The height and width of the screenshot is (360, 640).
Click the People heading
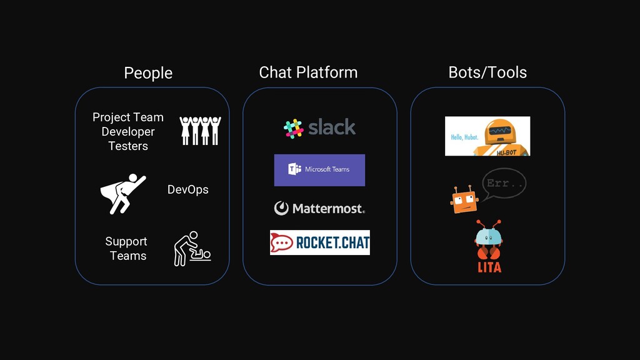pos(148,72)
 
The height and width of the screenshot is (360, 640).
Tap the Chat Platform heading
pos(308,72)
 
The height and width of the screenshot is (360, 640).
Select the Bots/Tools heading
pos(487,72)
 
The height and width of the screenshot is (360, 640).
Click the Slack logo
pos(319,127)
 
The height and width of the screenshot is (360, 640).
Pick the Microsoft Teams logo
pos(319,170)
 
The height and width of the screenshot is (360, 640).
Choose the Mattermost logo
pos(319,208)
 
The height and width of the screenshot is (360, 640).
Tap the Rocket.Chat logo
pos(319,242)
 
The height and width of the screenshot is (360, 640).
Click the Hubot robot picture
pos(487,136)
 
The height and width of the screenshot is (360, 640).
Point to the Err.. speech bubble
pos(504,184)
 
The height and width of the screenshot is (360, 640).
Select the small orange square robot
pos(464,200)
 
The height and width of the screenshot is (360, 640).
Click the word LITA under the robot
pos(489,267)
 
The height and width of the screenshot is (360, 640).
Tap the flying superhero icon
pos(122,193)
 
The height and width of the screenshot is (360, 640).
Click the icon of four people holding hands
pos(200,130)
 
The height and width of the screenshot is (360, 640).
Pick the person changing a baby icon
pos(192,249)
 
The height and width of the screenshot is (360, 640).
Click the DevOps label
pos(187,189)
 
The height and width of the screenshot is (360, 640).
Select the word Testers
pos(128,146)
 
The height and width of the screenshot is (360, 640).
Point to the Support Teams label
pos(127,248)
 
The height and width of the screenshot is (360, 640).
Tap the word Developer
pos(128,131)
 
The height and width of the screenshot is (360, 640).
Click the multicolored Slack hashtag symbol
pos(293,128)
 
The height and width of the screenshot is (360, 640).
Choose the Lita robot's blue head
pos(488,237)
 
